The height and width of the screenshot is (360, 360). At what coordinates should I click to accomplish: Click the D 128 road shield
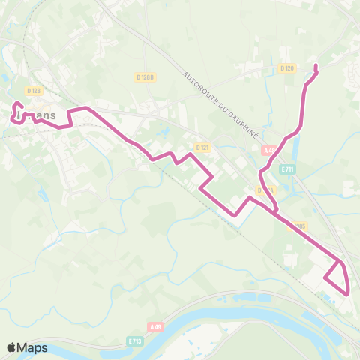coord(33,91)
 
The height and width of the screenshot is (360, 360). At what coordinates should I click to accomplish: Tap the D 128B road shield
coord(145,76)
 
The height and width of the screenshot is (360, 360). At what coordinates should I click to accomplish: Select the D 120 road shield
coord(286,68)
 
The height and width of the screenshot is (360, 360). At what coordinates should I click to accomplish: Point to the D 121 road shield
coord(201,147)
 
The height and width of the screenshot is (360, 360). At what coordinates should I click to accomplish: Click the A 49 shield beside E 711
coord(270,151)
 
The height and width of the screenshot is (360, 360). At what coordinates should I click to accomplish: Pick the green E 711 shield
coord(287,169)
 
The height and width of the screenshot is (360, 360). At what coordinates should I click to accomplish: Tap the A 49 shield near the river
coord(155,327)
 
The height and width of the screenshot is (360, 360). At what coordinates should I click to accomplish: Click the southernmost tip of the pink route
coord(349,292)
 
